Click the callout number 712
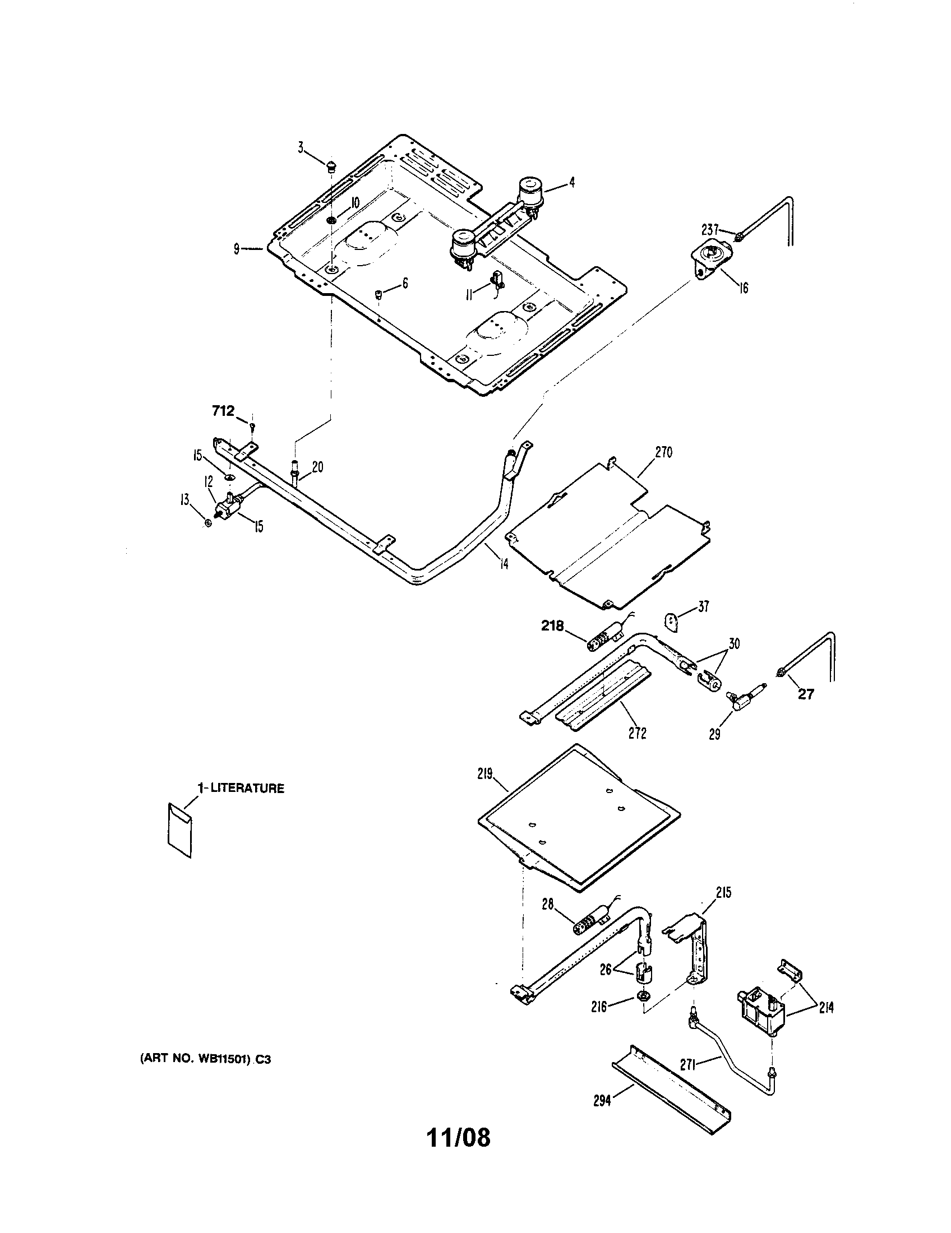223,411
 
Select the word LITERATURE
247,789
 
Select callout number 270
663,452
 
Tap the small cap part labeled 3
331,165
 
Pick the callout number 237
709,229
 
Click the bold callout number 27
806,694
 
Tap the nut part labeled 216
643,1010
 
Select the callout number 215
723,893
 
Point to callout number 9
237,248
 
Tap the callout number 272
637,734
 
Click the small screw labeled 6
379,293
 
